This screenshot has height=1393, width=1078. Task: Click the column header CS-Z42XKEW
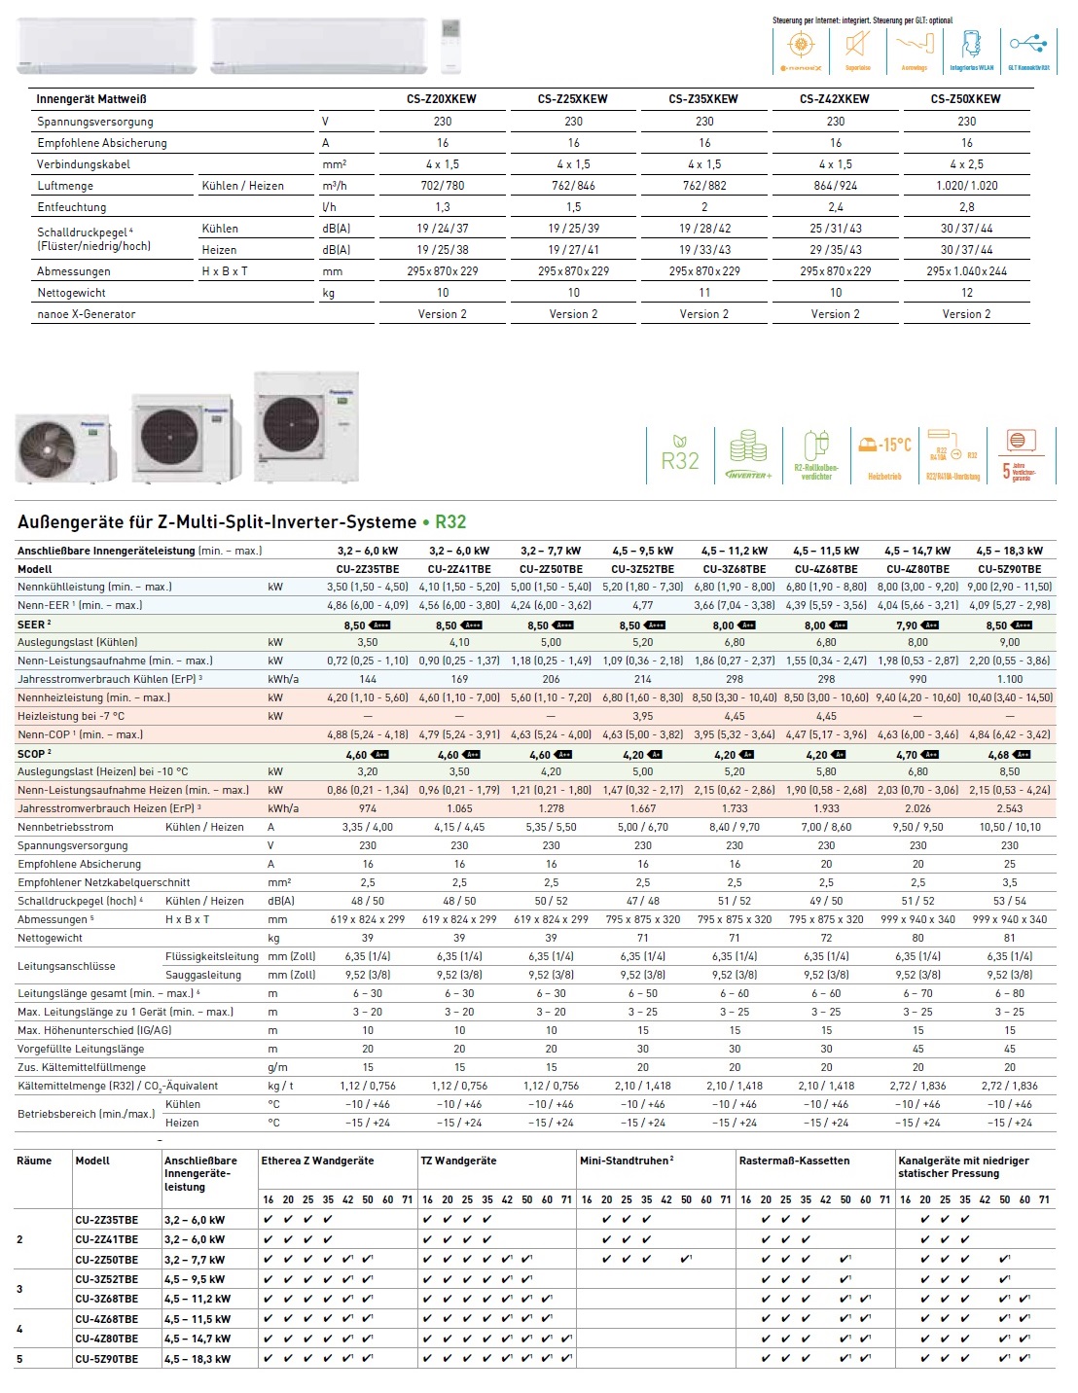[x=835, y=98]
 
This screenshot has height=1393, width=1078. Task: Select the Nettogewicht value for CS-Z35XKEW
[x=704, y=293]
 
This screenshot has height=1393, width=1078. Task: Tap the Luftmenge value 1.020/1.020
[x=966, y=186]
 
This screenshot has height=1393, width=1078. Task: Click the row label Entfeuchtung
[x=72, y=207]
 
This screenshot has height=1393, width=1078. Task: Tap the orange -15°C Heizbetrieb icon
[x=884, y=454]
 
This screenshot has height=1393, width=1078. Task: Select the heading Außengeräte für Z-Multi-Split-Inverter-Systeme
[x=216, y=522]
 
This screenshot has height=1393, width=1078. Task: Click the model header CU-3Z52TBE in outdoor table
[x=642, y=569]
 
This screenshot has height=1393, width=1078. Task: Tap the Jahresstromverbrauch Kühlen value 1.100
[x=1010, y=679]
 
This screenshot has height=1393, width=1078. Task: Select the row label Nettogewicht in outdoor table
[x=50, y=938]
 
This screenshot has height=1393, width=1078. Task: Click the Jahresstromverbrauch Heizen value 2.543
[x=1010, y=808]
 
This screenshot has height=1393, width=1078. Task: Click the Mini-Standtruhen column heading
[x=627, y=1161]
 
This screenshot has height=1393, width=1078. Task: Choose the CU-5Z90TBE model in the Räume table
[x=107, y=1359]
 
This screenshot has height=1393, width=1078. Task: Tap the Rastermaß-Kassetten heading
[x=794, y=1161]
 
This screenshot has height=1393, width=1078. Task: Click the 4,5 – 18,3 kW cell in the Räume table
[x=198, y=1359]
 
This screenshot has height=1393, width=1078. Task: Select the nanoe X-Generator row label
[x=87, y=314]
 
